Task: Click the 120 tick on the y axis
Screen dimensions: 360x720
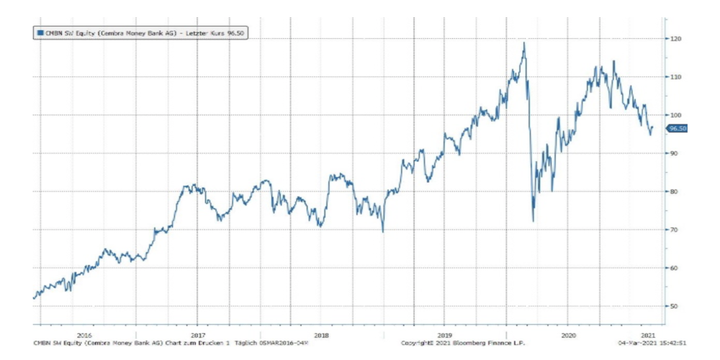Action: pyautogui.click(x=675, y=38)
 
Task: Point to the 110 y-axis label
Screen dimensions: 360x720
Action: pyautogui.click(x=675, y=76)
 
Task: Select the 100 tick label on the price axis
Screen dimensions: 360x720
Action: pyautogui.click(x=675, y=114)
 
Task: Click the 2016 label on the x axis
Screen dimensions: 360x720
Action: pyautogui.click(x=84, y=335)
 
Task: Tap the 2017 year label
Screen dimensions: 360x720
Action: pyautogui.click(x=199, y=335)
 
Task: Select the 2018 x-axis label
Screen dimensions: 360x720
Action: pyautogui.click(x=322, y=335)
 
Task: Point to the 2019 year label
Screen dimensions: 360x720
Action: pyautogui.click(x=444, y=335)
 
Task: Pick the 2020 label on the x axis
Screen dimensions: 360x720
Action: pyautogui.click(x=567, y=335)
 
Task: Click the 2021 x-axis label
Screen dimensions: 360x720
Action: pyautogui.click(x=648, y=335)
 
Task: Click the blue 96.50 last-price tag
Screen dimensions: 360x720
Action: pyautogui.click(x=678, y=128)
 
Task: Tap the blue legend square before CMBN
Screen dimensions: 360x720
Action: pyautogui.click(x=39, y=32)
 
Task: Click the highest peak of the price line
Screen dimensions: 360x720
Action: pyautogui.click(x=523, y=43)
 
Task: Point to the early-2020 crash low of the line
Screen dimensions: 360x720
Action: pyautogui.click(x=533, y=221)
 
